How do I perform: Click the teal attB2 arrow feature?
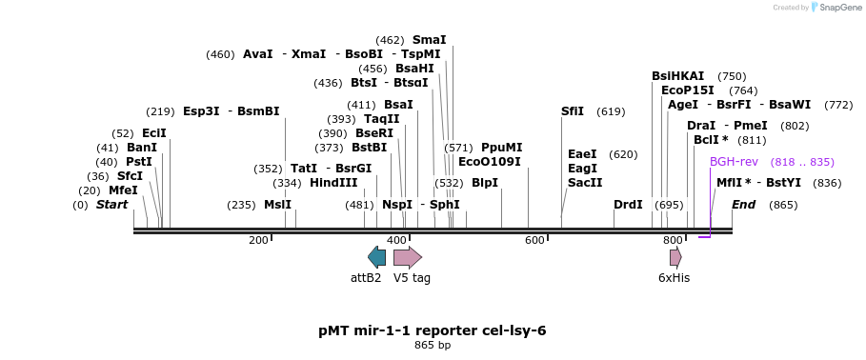point(376,257)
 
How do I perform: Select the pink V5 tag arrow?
point(407,257)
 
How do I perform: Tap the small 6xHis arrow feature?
point(675,257)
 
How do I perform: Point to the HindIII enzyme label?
point(333,183)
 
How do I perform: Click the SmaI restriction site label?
point(429,40)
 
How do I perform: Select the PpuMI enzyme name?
point(501,148)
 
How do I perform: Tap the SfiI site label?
point(573,111)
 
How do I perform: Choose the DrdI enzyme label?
point(628,205)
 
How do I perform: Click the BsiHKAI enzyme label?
point(678,76)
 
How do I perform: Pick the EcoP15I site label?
point(688,90)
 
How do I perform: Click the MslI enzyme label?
point(278,205)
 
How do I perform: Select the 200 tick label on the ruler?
point(258,240)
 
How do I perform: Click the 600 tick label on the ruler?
point(534,240)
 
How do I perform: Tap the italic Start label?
point(111,205)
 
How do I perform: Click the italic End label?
point(743,205)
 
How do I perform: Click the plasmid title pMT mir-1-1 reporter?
point(433,330)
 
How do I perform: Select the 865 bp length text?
point(433,345)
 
